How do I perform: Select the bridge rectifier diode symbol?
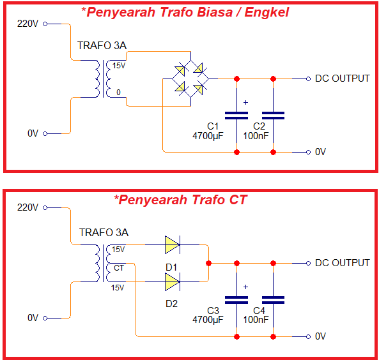click(x=190, y=78)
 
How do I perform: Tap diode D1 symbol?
click(x=172, y=244)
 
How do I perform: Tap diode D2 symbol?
click(x=172, y=281)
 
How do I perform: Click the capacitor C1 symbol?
click(x=237, y=115)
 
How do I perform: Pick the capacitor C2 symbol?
click(x=274, y=115)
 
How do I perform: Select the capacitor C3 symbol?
click(x=237, y=299)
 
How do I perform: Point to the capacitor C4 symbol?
click(x=274, y=299)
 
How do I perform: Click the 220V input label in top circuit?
click(x=27, y=24)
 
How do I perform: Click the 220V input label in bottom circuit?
click(x=27, y=207)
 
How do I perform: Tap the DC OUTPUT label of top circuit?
click(x=342, y=79)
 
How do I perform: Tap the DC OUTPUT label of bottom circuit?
click(x=342, y=263)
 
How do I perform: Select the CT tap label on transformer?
click(x=118, y=267)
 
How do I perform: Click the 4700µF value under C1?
click(x=208, y=136)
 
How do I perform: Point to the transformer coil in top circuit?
click(x=102, y=79)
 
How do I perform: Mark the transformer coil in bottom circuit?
click(x=102, y=264)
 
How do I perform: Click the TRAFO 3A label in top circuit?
click(x=102, y=46)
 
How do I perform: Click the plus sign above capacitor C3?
click(x=246, y=287)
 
